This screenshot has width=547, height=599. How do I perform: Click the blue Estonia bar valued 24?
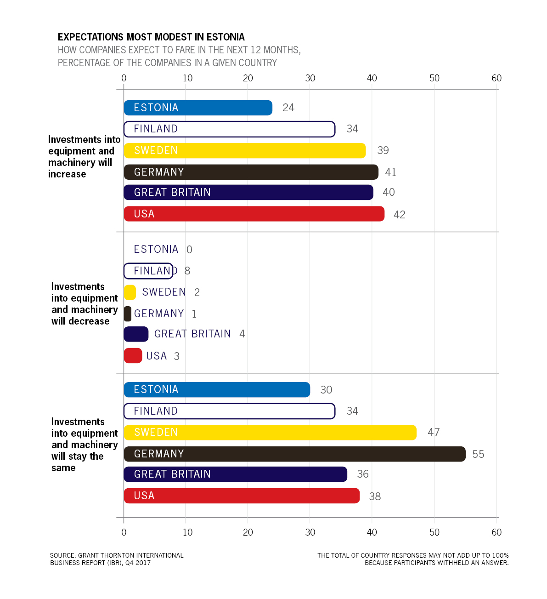[198, 108]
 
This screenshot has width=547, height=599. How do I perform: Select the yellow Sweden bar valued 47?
[270, 433]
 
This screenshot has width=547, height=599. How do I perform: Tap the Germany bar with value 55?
[294, 454]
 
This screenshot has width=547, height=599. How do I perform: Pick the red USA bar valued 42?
[254, 214]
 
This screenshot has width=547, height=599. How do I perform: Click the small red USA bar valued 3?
[133, 356]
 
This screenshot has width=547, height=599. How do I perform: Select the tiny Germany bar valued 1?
[128, 314]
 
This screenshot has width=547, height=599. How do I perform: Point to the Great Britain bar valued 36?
[235, 474]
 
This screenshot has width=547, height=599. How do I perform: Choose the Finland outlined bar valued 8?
[148, 271]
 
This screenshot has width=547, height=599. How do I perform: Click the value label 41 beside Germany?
[391, 172]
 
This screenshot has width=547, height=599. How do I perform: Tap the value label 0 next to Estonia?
[189, 250]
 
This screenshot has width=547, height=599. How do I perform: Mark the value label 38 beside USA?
[375, 496]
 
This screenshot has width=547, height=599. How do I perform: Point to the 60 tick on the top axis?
[496, 78]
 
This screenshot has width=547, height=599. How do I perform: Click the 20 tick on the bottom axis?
[248, 532]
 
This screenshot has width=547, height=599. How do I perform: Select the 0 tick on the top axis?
[124, 78]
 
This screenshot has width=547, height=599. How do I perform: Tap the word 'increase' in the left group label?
[67, 174]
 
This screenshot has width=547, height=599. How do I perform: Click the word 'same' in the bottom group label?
[63, 468]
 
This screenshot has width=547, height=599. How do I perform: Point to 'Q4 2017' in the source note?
[138, 563]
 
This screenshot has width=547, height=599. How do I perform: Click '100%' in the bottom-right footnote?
[500, 555]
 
